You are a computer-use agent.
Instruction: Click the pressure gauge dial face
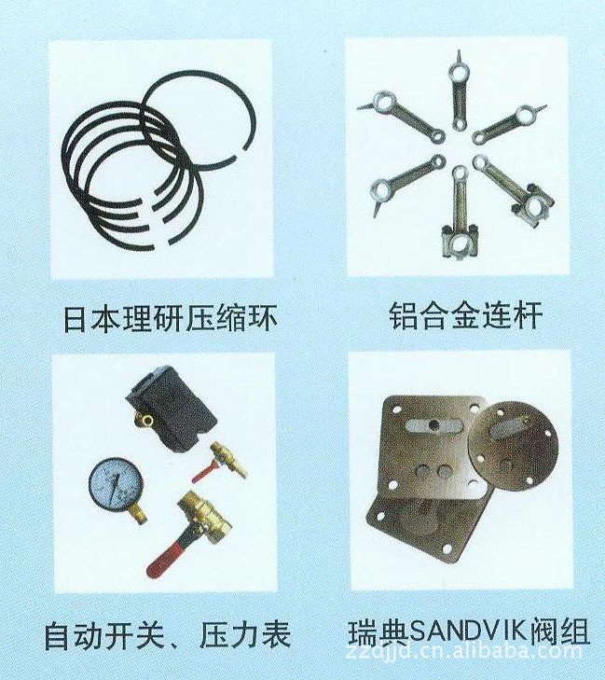pyautogui.click(x=116, y=484)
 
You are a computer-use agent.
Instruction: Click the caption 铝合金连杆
pyautogui.click(x=465, y=316)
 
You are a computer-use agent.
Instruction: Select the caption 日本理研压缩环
pyautogui.click(x=171, y=319)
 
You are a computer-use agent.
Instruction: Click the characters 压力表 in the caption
pyautogui.click(x=245, y=635)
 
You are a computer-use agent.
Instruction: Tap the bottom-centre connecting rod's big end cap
pyautogui.click(x=460, y=242)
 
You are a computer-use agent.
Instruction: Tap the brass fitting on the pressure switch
pyautogui.click(x=144, y=418)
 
